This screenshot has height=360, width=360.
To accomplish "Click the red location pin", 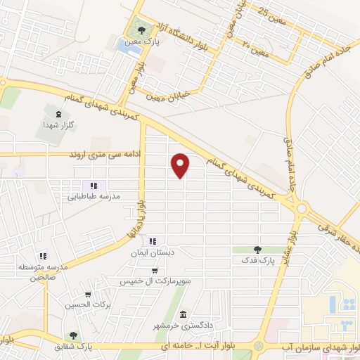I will click(181, 165).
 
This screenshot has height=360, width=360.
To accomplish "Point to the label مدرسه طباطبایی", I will click(91, 198).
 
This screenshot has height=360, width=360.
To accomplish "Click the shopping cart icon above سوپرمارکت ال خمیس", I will click(155, 271).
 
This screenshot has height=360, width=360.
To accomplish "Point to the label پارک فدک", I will click(257, 260).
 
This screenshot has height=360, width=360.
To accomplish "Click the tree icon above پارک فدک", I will click(257, 250).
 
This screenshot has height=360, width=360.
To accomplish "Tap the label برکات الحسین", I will click(87, 304).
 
